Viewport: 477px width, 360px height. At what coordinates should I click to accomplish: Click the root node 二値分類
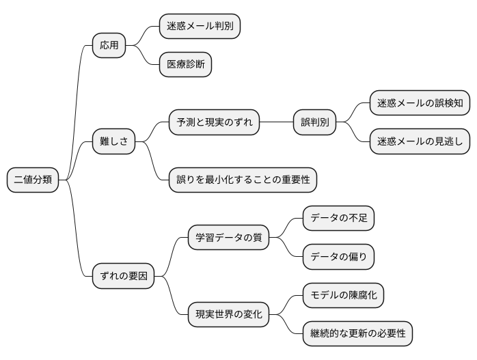[x=31, y=180]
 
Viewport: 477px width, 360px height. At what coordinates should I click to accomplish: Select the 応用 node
[x=109, y=46]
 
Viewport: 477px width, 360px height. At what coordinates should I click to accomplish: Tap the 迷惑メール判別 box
[x=200, y=27]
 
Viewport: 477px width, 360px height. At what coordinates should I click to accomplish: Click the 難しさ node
[x=114, y=142]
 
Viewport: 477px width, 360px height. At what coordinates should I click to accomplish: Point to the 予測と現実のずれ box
[x=215, y=123]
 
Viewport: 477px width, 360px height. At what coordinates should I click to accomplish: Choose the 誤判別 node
[x=314, y=123]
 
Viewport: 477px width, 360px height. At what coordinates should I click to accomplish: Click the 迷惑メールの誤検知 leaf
[x=420, y=104]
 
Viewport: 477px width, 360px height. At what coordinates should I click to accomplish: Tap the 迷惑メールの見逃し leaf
[x=420, y=142]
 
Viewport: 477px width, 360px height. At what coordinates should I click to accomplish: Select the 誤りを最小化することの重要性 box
[x=243, y=180]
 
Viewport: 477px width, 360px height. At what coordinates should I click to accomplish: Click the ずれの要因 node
[x=124, y=276]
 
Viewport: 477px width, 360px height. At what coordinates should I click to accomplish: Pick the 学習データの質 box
[x=228, y=238]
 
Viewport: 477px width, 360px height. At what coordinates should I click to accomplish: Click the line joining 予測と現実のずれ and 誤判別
[x=276, y=123]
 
